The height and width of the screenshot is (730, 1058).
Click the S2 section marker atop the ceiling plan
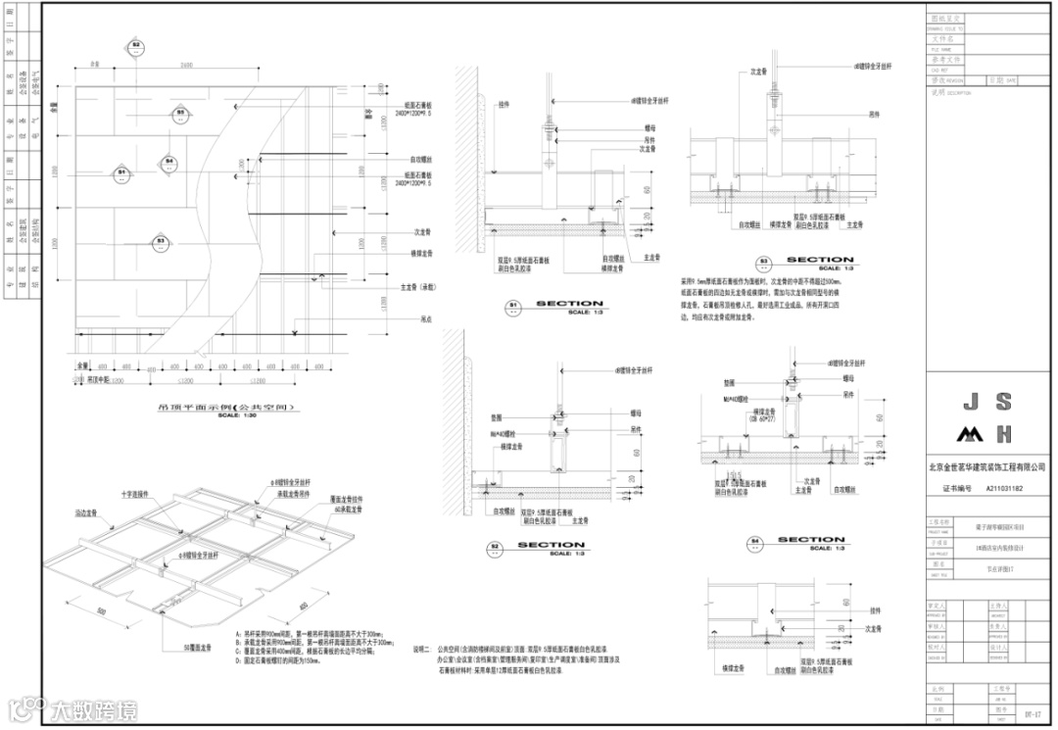click(x=136, y=46)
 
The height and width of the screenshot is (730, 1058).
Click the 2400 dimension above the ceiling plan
click(x=185, y=66)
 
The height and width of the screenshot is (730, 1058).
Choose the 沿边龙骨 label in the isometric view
click(x=86, y=511)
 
